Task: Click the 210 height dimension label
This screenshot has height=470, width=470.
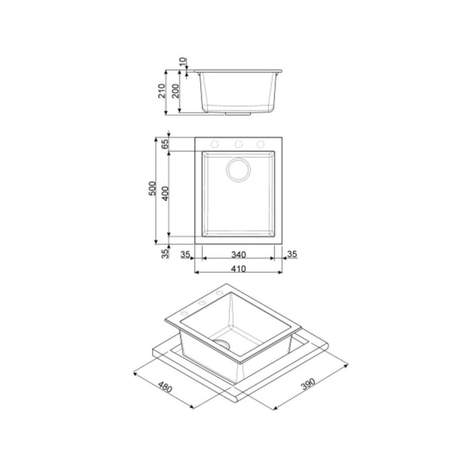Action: coord(162,91)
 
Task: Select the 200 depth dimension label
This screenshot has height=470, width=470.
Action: coord(175,91)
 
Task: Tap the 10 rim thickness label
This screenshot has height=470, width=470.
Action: coord(183,62)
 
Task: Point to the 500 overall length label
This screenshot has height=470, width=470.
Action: coord(152,189)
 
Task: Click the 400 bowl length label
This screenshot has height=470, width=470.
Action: coord(165,193)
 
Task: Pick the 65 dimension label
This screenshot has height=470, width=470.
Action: coord(165,144)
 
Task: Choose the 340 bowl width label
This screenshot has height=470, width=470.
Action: coord(238,254)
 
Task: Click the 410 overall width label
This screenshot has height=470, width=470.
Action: coord(238,269)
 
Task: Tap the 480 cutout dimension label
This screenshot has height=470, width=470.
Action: coord(165,387)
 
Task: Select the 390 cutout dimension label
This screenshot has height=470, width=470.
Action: coord(308,384)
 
